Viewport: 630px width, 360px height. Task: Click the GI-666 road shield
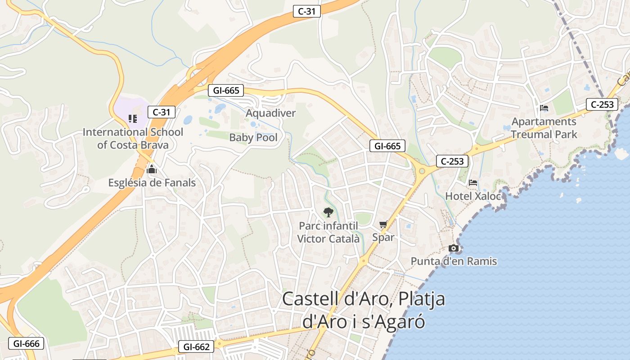[x=26, y=344]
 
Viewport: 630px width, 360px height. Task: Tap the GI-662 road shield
[x=196, y=346]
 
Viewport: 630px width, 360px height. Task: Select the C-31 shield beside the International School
[x=161, y=112]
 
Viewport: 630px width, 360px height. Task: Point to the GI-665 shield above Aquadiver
[x=226, y=90]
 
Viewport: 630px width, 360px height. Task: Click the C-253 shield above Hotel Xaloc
[x=452, y=161]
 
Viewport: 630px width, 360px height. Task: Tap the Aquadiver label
[x=270, y=113]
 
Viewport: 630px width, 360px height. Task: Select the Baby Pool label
[x=253, y=137]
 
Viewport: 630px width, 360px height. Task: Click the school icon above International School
[x=132, y=119]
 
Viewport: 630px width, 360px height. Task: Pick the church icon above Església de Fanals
[x=152, y=170]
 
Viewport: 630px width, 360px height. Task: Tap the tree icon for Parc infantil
[x=328, y=212]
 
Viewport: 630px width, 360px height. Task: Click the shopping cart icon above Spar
[x=383, y=224]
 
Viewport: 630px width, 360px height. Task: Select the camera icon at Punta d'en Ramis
[x=454, y=248]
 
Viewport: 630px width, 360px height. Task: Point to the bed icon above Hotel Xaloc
[x=473, y=183]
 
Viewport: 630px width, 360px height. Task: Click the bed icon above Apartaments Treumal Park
[x=544, y=108]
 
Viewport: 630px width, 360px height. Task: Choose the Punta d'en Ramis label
[x=454, y=261]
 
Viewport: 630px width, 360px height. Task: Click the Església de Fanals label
[x=152, y=183]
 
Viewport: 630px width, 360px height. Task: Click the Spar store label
[x=383, y=237]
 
